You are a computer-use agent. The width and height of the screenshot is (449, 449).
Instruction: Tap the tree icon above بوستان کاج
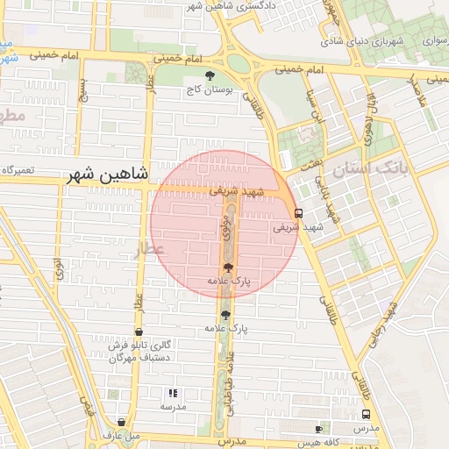click(x=209, y=75)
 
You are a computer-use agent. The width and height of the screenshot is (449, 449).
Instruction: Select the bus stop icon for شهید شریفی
click(x=299, y=212)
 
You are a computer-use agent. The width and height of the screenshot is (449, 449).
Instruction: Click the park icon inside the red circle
click(x=228, y=267)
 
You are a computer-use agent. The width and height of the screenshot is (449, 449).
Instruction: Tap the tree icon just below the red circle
click(x=226, y=314)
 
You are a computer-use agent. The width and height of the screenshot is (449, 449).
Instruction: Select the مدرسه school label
click(x=172, y=407)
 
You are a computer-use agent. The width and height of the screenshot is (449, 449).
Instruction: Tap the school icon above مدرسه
click(x=173, y=394)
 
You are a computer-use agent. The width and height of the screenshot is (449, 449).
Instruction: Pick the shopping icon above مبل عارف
click(x=121, y=423)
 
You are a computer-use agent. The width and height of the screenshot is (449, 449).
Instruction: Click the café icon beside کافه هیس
click(x=318, y=429)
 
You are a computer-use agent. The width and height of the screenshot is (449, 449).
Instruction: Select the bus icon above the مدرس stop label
click(x=366, y=414)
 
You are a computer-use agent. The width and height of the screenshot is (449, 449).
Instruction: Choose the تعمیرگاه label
click(x=18, y=168)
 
